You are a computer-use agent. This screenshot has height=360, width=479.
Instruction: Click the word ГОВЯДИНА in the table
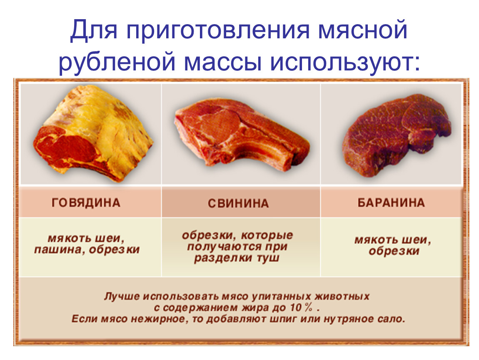[x=86, y=203]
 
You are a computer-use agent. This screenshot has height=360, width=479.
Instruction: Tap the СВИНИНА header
[x=238, y=203]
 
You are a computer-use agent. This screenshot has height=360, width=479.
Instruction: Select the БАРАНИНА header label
[x=391, y=203]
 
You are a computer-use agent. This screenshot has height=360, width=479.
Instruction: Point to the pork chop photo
[x=241, y=135]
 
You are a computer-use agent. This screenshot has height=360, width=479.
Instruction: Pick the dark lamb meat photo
[x=397, y=135]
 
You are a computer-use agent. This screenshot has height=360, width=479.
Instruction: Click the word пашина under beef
[x=60, y=250]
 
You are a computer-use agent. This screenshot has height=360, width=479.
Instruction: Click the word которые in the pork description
[x=267, y=235]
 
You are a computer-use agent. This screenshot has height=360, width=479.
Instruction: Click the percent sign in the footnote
[x=308, y=307]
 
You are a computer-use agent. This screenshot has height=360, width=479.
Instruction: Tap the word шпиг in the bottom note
[x=284, y=319]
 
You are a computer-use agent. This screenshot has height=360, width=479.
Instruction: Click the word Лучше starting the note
[x=122, y=296]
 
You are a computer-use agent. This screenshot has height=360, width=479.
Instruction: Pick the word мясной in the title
[x=362, y=30]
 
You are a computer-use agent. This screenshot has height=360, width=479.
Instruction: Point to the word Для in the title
[x=94, y=30]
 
